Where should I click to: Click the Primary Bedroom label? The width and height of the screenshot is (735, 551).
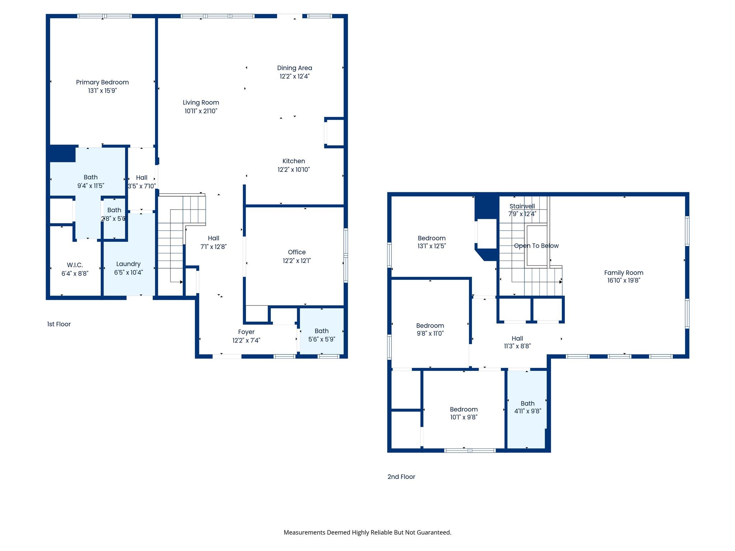click(102, 82)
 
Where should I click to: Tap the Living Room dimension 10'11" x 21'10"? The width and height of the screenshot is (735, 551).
click(201, 111)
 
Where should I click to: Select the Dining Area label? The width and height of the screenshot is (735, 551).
click(294, 68)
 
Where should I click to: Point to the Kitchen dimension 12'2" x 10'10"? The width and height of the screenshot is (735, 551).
click(294, 170)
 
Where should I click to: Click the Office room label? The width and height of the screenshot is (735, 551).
click(296, 252)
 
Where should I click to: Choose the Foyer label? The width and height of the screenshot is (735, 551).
click(246, 332)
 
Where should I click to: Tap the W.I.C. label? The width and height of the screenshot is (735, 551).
click(75, 265)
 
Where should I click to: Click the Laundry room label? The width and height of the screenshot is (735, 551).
click(128, 264)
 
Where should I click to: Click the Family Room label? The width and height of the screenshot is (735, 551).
click(623, 273)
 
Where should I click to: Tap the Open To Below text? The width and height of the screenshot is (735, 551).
click(536, 246)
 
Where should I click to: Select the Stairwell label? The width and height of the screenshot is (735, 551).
click(522, 206)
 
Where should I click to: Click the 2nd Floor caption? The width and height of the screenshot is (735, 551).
click(401, 477)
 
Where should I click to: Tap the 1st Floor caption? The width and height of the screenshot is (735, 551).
click(59, 324)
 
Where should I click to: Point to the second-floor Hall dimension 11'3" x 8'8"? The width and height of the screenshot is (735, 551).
click(517, 346)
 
